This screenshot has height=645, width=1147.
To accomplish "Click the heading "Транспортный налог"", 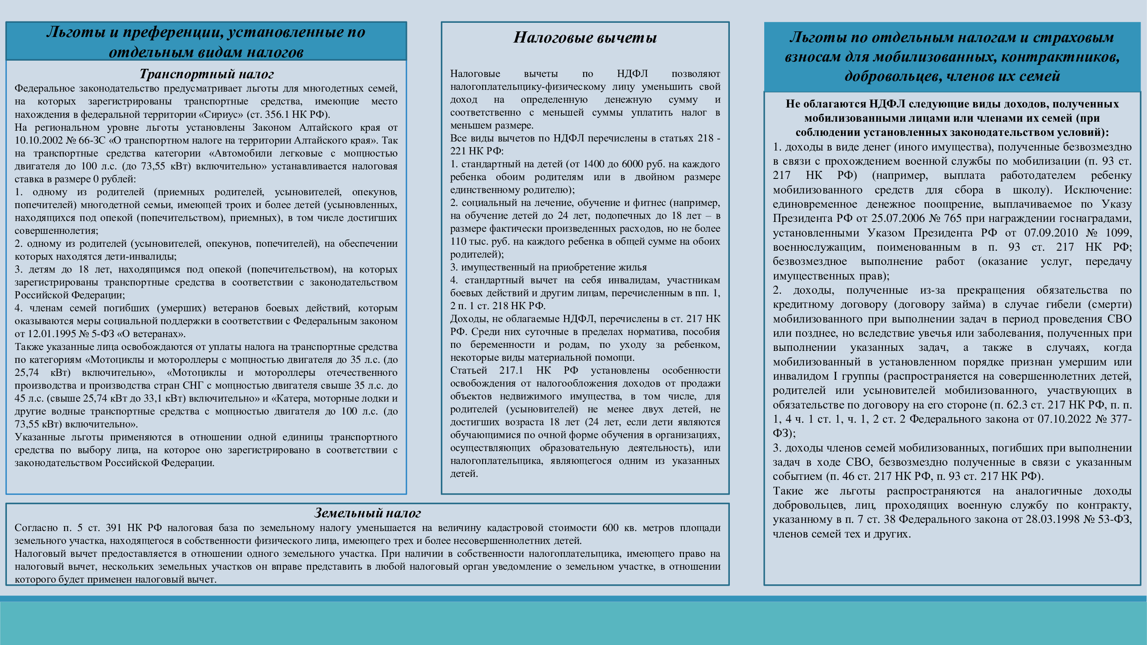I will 206,74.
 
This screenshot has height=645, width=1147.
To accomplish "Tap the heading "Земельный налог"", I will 367,513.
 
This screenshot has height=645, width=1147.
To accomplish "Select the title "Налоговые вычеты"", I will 584,37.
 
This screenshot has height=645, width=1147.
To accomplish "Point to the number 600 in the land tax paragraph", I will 610,528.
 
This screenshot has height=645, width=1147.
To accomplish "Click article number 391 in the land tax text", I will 113,528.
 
